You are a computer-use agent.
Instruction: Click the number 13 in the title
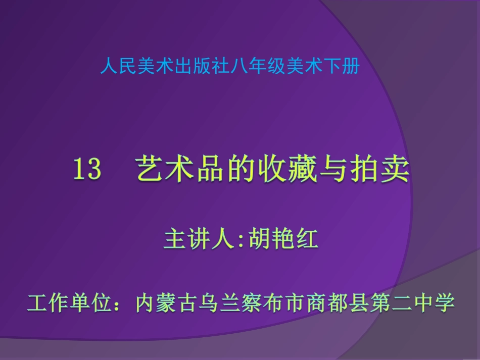tap(87, 170)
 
